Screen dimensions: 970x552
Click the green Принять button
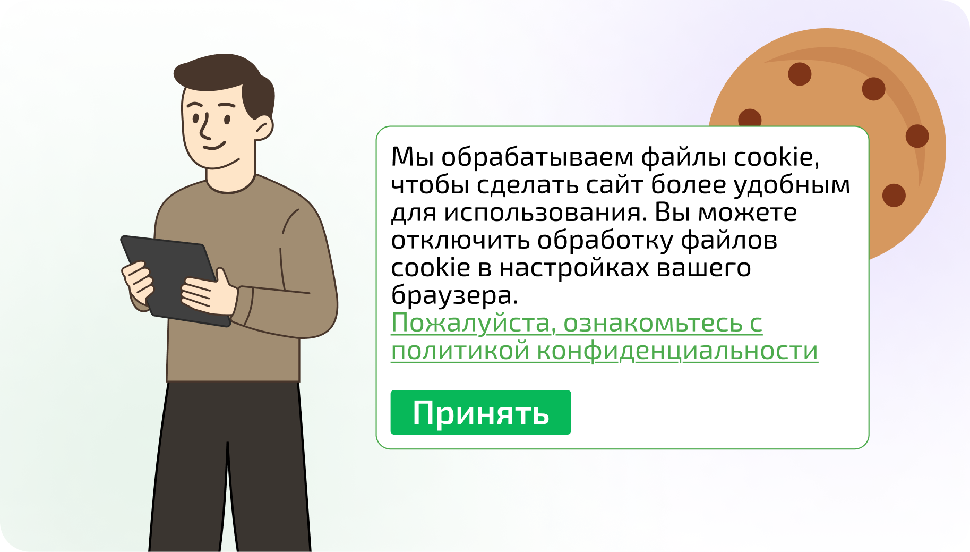pos(480,412)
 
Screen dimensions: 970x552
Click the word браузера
pos(454,296)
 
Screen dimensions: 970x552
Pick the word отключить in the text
pos(460,240)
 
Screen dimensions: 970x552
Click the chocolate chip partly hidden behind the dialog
pos(750,118)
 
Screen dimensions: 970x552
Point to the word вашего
pos(703,268)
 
